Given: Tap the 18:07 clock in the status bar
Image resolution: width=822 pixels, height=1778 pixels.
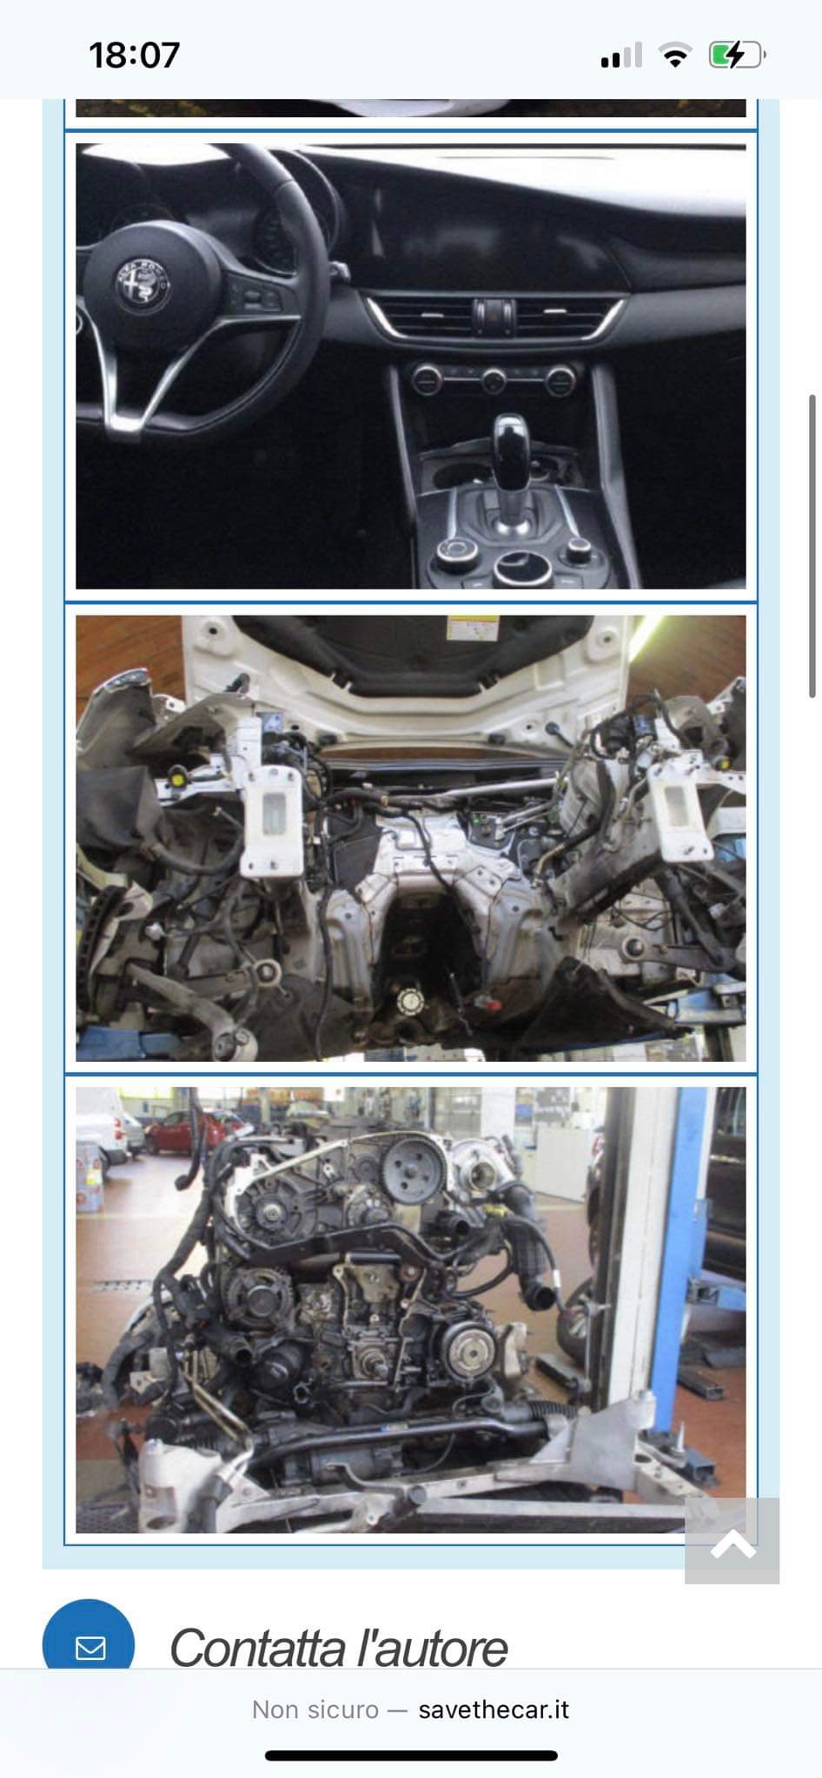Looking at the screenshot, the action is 134,56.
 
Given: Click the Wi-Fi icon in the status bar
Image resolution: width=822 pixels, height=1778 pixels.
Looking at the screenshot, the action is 674,56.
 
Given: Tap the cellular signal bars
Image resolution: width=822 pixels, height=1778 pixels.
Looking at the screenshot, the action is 620,56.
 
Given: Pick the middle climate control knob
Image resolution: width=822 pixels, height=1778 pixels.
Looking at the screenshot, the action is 494,379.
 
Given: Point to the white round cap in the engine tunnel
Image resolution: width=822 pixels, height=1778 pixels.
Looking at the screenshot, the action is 409,1002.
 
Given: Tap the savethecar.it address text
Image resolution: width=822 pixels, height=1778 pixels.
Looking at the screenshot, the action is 494,1709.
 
